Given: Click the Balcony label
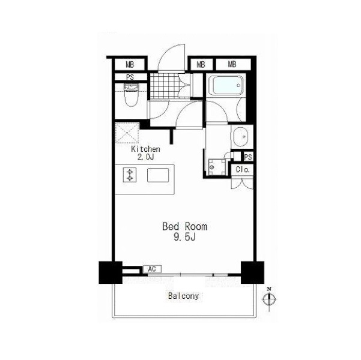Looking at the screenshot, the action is click(183, 296).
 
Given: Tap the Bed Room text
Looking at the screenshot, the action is click(184, 227).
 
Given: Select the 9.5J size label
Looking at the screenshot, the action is click(184, 237).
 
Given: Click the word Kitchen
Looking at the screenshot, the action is click(145, 149).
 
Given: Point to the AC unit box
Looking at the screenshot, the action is click(153, 269).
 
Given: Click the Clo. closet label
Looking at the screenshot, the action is click(243, 170).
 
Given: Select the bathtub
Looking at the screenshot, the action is click(228, 85).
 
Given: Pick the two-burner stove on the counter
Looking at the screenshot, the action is click(130, 175).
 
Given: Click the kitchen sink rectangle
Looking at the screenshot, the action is click(158, 175).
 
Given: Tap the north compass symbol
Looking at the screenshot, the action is click(269, 299).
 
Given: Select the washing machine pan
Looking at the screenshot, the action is click(217, 167).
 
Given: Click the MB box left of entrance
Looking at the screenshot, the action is click(130, 65).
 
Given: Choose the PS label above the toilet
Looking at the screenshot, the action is click(130, 77).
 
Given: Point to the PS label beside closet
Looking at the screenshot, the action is click(248, 157).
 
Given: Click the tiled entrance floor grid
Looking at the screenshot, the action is click(165, 86).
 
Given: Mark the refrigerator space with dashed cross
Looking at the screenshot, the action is click(127, 133).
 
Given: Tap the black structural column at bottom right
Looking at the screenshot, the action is click(252, 272).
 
